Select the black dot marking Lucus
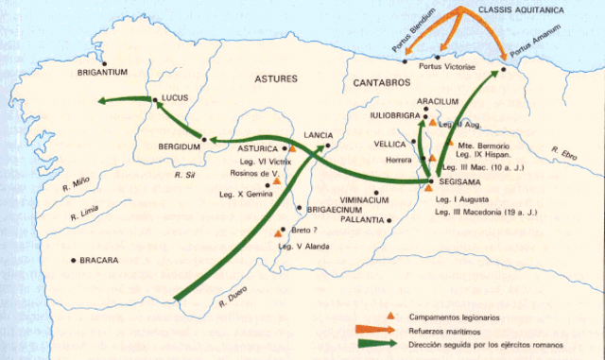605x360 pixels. tap(155, 99)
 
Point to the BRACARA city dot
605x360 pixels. tap(73, 260)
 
